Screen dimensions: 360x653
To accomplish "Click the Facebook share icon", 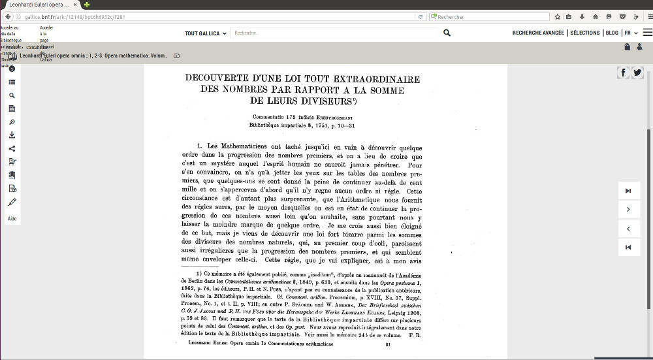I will tap(624, 73).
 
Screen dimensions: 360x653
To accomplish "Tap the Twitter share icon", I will tap(637, 73).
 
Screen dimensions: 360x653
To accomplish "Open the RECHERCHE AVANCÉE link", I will tap(538, 33).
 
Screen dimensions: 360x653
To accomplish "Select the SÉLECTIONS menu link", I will tap(584, 33).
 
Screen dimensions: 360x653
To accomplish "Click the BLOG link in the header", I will tap(612, 33).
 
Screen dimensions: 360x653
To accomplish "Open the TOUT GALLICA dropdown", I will tap(206, 33).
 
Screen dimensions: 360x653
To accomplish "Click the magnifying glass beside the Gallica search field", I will tap(447, 33).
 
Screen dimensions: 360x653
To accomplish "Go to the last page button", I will tap(628, 191).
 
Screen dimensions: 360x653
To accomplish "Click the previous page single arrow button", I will tap(628, 229).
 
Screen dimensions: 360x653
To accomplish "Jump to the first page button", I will tap(628, 247).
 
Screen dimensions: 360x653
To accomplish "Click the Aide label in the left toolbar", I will tap(12, 219).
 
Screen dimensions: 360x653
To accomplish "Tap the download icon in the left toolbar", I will tap(12, 135).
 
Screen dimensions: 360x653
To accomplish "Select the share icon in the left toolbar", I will tap(12, 148).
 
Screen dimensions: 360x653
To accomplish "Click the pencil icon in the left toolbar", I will tap(12, 202).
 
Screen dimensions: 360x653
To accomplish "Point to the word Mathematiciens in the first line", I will tap(245, 146).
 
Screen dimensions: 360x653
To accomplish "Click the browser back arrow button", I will tap(7, 17).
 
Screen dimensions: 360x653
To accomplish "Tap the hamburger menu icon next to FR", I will tap(647, 33).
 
